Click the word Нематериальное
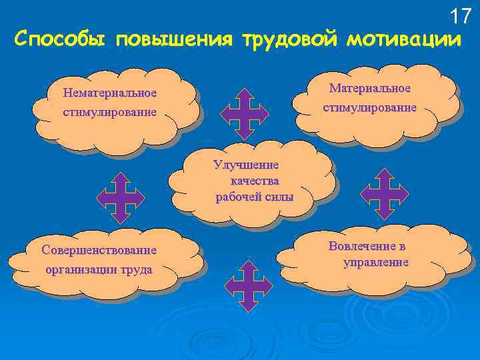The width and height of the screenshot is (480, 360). pos(109,93)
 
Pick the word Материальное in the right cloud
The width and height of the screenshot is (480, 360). pos(370,89)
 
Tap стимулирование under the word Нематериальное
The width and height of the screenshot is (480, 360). pos(109,112)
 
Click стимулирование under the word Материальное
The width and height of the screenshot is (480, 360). pos(370,107)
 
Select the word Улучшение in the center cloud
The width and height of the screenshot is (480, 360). pos(246,165)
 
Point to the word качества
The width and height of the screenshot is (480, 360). pos(255,180)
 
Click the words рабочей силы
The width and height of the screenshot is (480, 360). pos(254,196)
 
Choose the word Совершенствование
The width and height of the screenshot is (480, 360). pos(99,251)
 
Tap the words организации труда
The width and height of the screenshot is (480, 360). pos(99,270)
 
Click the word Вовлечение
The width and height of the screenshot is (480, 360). pos(367,246)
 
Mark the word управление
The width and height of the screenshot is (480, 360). pos(376,262)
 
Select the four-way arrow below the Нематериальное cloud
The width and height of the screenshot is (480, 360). pos(120,197)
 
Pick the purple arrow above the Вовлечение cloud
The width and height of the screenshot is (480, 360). pos(384,194)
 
